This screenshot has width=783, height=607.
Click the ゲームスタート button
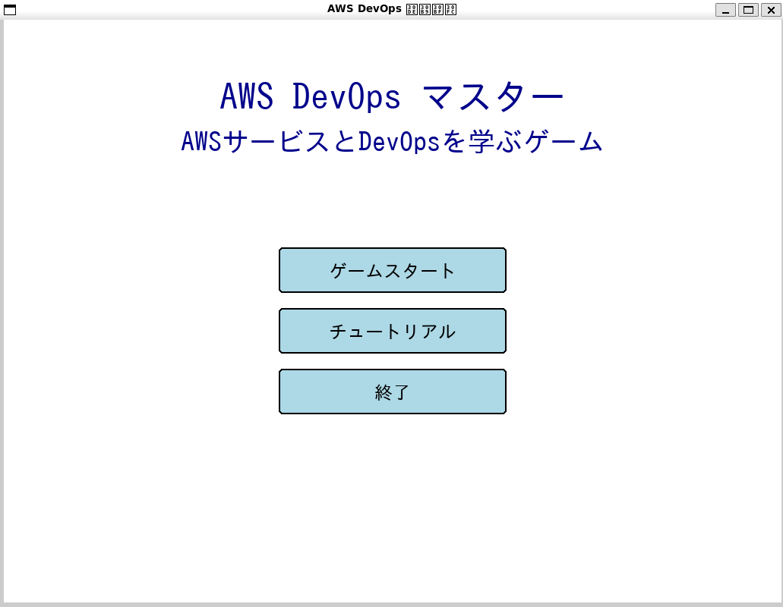pos(392,270)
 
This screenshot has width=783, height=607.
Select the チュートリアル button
pos(392,331)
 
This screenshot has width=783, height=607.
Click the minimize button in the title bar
pos(725,10)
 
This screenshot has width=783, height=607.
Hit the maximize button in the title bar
pos(748,10)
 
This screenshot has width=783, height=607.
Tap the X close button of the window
pos(771,10)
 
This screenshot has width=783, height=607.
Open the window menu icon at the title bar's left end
pos(10,10)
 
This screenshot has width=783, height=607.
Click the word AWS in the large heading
pos(246,97)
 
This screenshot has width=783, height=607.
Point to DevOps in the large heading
pos(346,97)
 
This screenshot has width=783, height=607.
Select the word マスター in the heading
pos(493,97)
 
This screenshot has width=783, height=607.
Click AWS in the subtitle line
pos(201,142)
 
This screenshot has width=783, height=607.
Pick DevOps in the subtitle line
pos(399,142)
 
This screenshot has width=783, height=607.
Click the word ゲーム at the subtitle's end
pos(564,142)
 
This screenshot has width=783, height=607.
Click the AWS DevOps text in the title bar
pos(364,9)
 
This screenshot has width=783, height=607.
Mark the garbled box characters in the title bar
pos(431,9)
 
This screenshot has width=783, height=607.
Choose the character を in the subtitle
pos(453,142)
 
